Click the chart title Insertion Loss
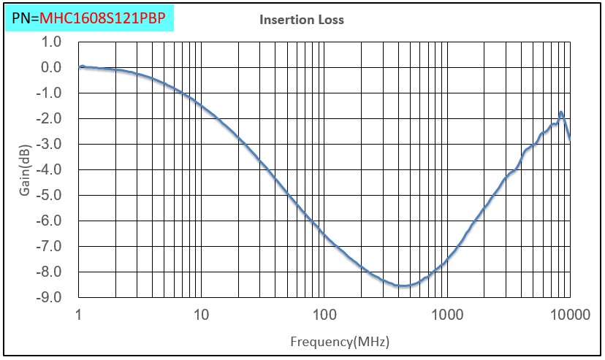pyautogui.click(x=301, y=20)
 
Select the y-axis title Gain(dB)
pyautogui.click(x=25, y=170)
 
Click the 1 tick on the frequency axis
pyautogui.click(x=78, y=315)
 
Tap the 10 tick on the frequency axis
pyautogui.click(x=201, y=315)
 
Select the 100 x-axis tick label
pyautogui.click(x=324, y=315)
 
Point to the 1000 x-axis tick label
pyautogui.click(x=447, y=315)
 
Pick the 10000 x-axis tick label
pyautogui.click(x=570, y=315)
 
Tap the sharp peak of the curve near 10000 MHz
pyautogui.click(x=561, y=112)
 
